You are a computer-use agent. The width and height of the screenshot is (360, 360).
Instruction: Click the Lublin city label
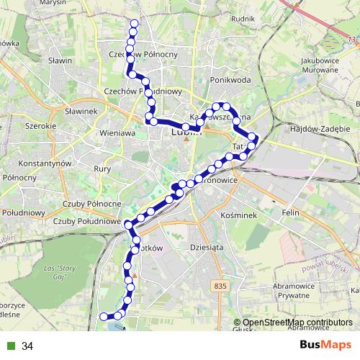[x=186, y=132]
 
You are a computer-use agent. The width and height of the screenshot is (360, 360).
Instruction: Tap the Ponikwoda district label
[x=230, y=80]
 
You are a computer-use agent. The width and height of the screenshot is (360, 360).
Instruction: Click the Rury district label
[x=102, y=168]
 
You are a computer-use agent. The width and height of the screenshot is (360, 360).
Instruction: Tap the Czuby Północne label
[x=92, y=204]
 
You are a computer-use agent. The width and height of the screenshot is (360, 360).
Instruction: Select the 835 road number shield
[x=220, y=287]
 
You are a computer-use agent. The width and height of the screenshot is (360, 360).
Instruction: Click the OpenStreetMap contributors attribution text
[x=297, y=323]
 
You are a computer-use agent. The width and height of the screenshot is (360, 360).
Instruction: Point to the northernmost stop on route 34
[x=133, y=24]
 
